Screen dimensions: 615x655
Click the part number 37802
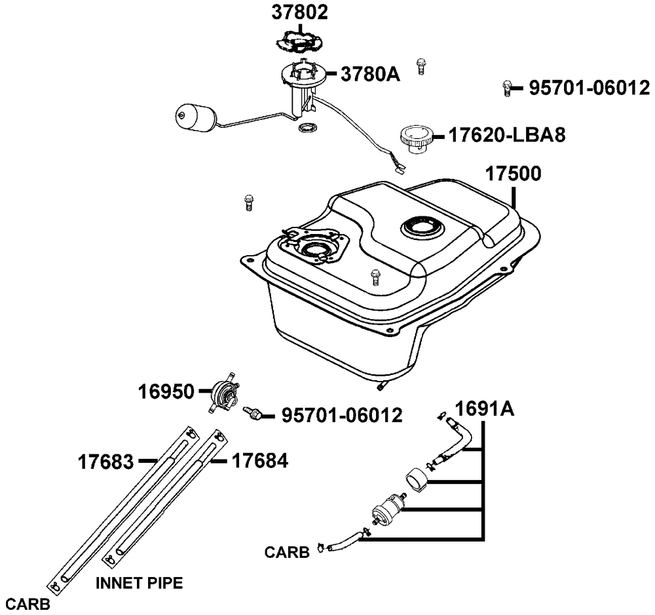pos(301,12)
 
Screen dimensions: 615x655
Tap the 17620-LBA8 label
pos(506,135)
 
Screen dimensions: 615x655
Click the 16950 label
pos(166,392)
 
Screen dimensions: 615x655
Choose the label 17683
pos(105,462)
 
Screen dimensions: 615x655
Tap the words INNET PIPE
pos(139,582)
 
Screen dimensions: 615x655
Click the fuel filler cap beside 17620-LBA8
pos(416,137)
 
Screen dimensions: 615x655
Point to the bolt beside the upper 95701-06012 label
pos(506,87)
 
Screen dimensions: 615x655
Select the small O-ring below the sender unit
pos(306,127)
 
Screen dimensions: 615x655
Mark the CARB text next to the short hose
pos(287,552)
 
